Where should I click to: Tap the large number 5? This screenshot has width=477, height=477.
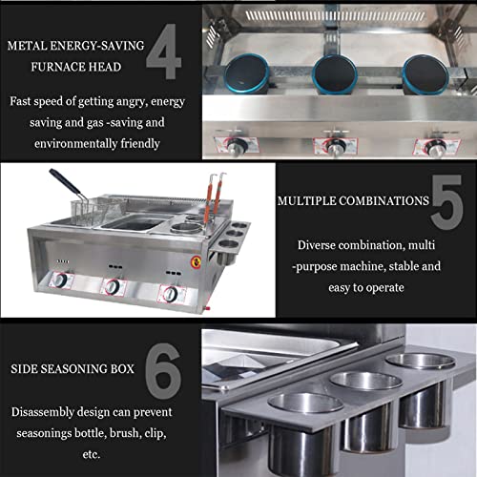pyautogui.click(x=446, y=202)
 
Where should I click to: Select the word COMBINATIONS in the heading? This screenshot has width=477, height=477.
pyautogui.click(x=377, y=201)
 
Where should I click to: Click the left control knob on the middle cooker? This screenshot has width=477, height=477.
pyautogui.click(x=60, y=281)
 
